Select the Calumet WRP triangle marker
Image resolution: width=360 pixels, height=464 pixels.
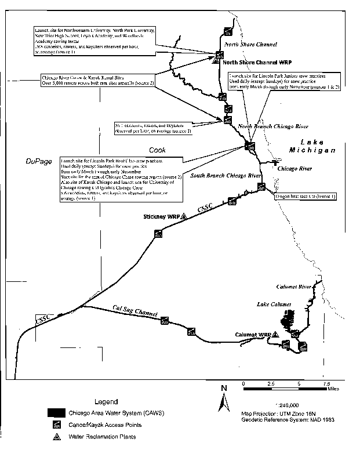tap(277, 335)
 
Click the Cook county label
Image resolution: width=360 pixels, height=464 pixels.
tap(157, 150)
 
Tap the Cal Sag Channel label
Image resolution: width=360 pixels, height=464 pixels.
tap(136, 311)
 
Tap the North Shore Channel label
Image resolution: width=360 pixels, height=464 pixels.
tap(250, 44)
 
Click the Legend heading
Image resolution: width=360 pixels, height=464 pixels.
tap(106, 401)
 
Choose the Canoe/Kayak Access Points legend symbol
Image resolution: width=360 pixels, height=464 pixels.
tap(58, 425)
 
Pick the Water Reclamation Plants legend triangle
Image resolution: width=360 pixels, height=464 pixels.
tap(58, 437)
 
